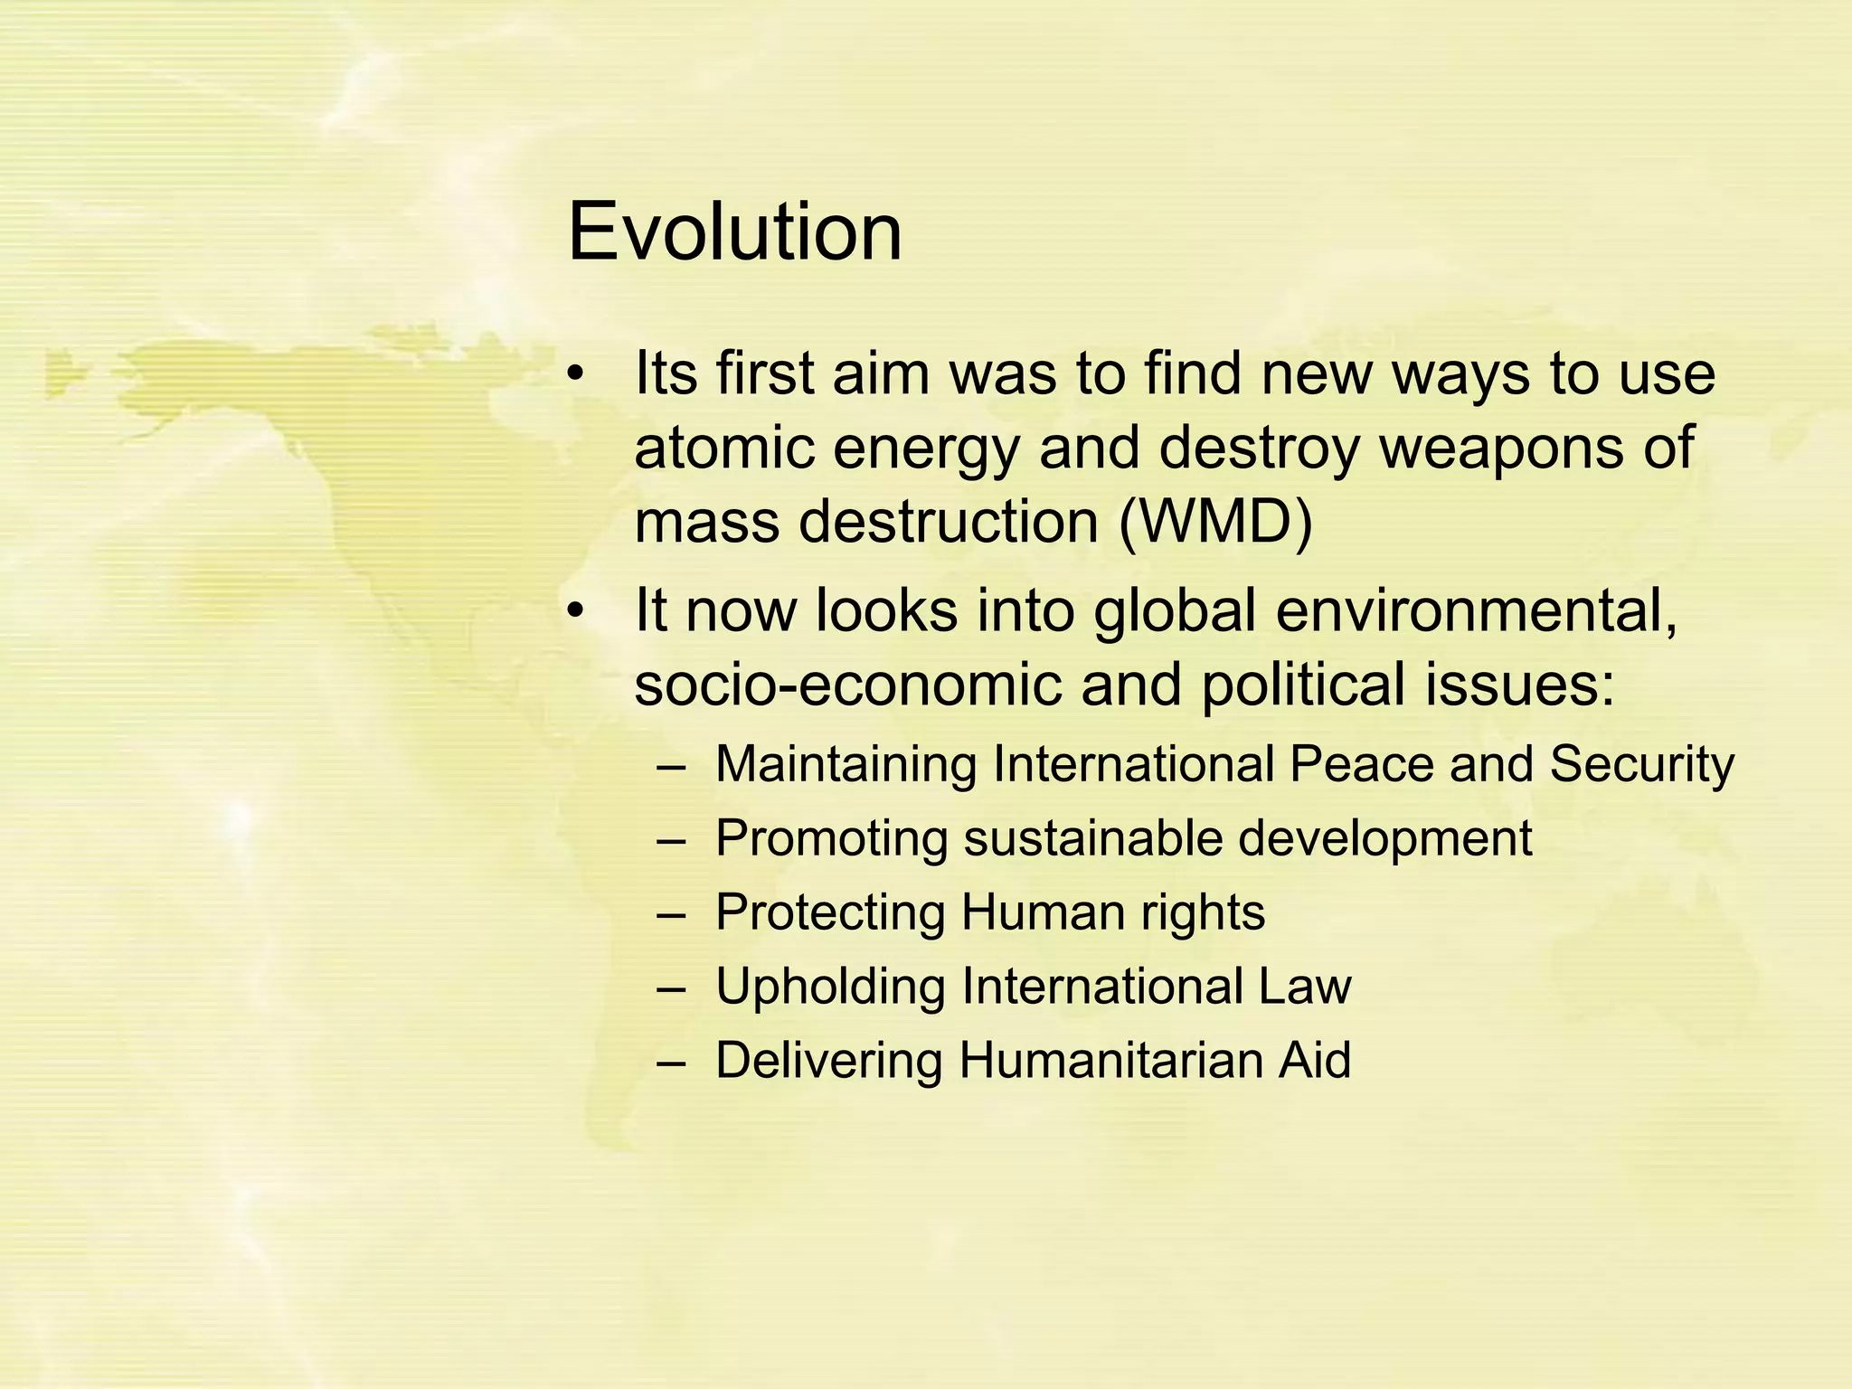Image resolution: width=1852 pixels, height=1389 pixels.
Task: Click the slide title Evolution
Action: (734, 232)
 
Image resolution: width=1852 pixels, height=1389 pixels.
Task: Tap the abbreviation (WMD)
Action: (1215, 524)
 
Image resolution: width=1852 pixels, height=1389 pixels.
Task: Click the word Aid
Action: (1314, 1060)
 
